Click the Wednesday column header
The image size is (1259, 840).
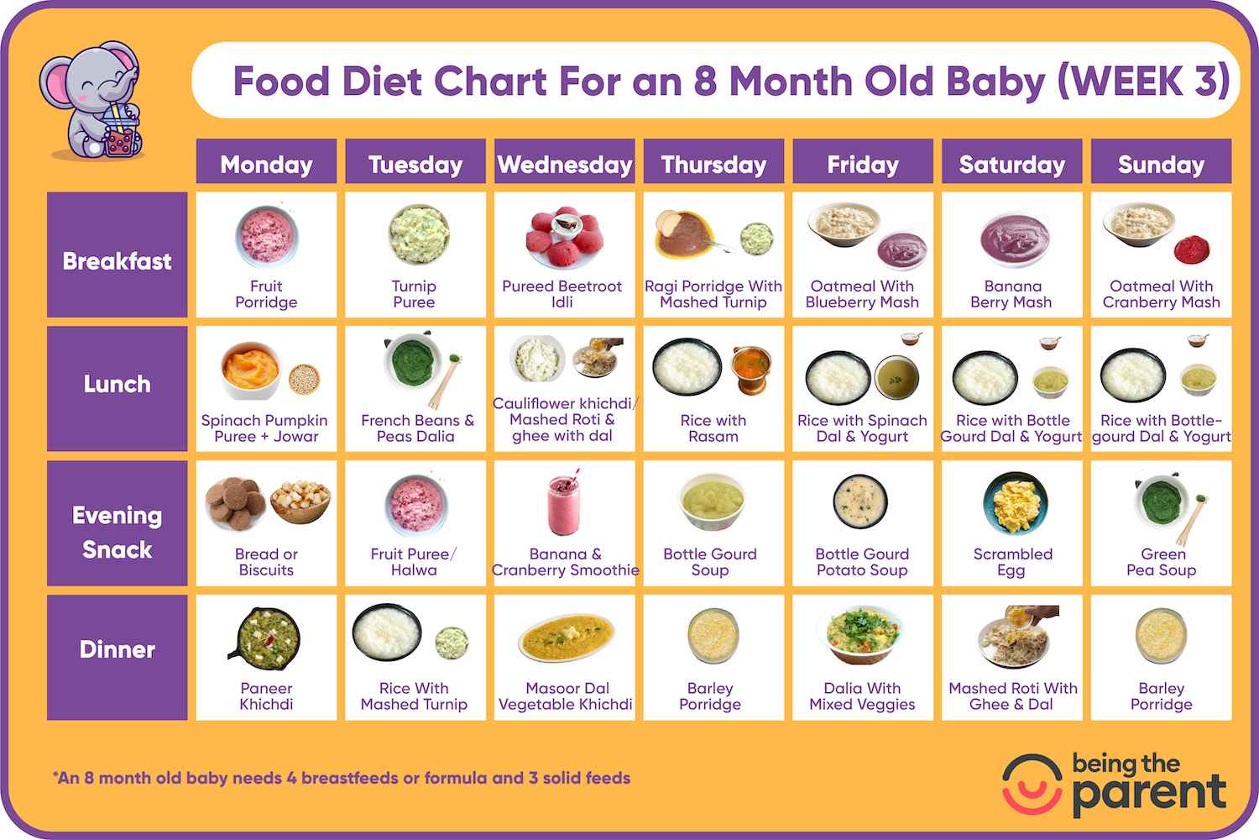click(x=564, y=164)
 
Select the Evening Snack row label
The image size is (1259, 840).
click(x=117, y=532)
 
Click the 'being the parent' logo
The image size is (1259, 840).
click(x=1115, y=785)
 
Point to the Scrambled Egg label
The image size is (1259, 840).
click(x=1012, y=562)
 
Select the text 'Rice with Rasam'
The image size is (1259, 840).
click(x=713, y=428)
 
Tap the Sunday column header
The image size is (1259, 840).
click(x=1161, y=164)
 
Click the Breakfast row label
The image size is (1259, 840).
click(x=117, y=261)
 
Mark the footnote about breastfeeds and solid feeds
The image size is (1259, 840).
click(x=342, y=778)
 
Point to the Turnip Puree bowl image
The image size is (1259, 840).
click(x=418, y=235)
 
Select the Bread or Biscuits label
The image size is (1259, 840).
click(x=266, y=562)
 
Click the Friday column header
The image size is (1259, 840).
click(x=862, y=164)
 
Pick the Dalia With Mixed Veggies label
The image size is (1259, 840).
click(x=862, y=696)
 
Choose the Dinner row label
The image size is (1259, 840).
click(x=117, y=649)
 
